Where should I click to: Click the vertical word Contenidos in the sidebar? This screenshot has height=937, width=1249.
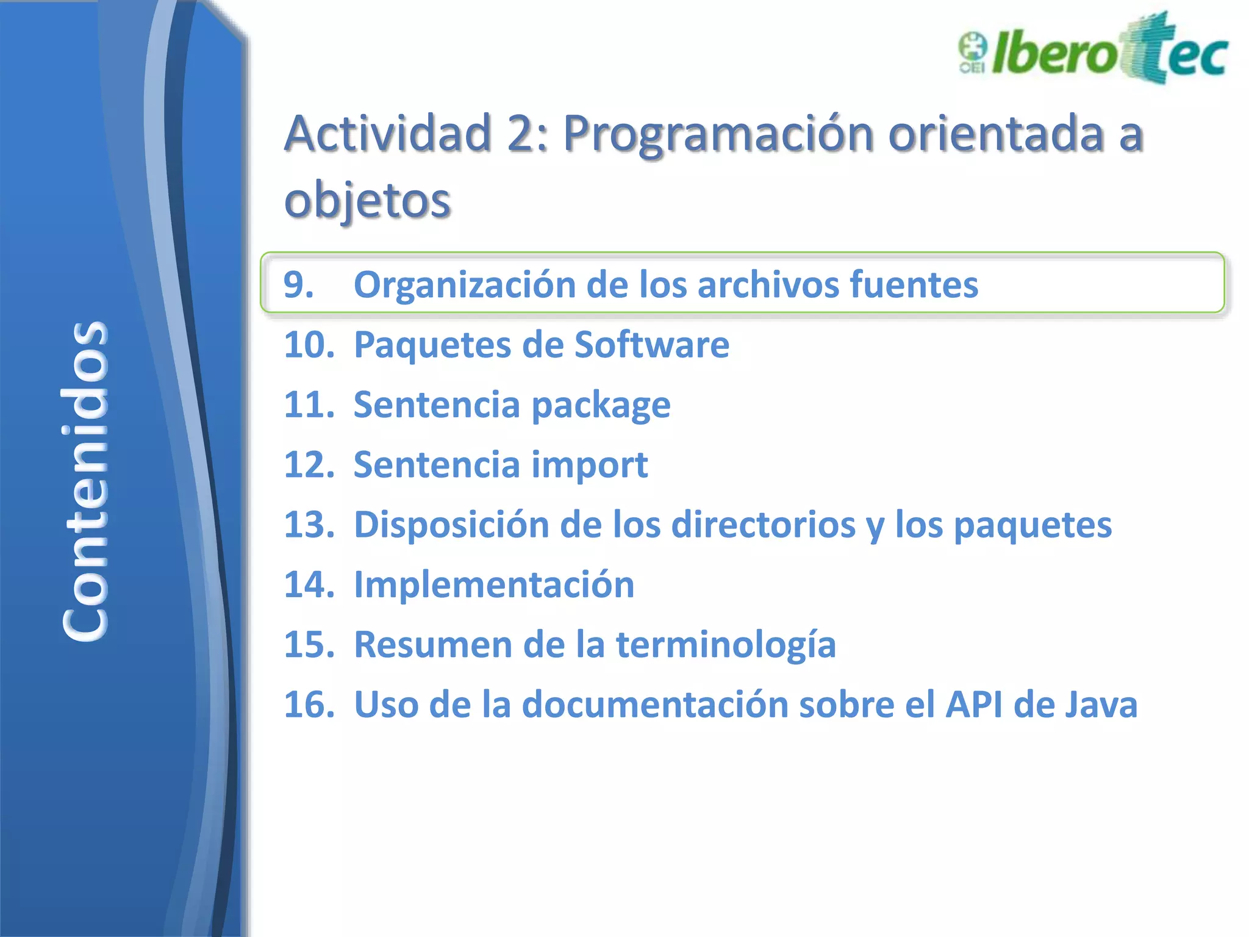tap(85, 481)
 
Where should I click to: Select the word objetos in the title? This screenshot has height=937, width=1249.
tap(367, 200)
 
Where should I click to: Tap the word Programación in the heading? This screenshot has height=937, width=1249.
tap(718, 134)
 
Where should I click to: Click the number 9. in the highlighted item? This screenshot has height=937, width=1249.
tap(299, 284)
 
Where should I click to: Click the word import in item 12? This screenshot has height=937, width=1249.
tap(589, 465)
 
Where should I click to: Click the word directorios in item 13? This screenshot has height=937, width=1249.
tap(763, 525)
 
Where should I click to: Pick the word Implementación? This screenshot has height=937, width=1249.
tap(494, 584)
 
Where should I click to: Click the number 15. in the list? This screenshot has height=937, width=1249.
tap(310, 644)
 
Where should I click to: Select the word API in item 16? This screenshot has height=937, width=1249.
tap(973, 705)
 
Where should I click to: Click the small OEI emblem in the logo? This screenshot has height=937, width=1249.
tap(972, 52)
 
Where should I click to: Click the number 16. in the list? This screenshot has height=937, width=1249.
tap(310, 705)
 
